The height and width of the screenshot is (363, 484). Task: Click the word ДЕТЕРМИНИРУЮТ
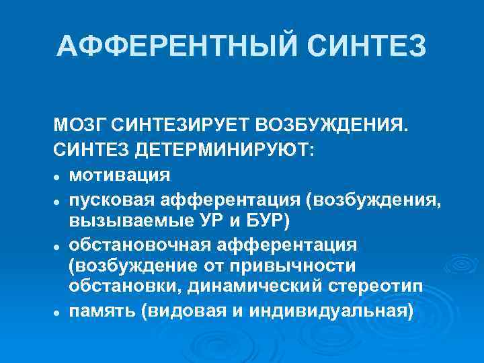tap(223, 150)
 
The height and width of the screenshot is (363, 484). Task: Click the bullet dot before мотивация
tap(59, 176)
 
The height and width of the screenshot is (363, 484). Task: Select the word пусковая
tap(111, 200)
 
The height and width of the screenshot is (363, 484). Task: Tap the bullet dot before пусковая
tap(59, 201)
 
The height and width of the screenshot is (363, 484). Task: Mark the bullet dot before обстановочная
tap(59, 244)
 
